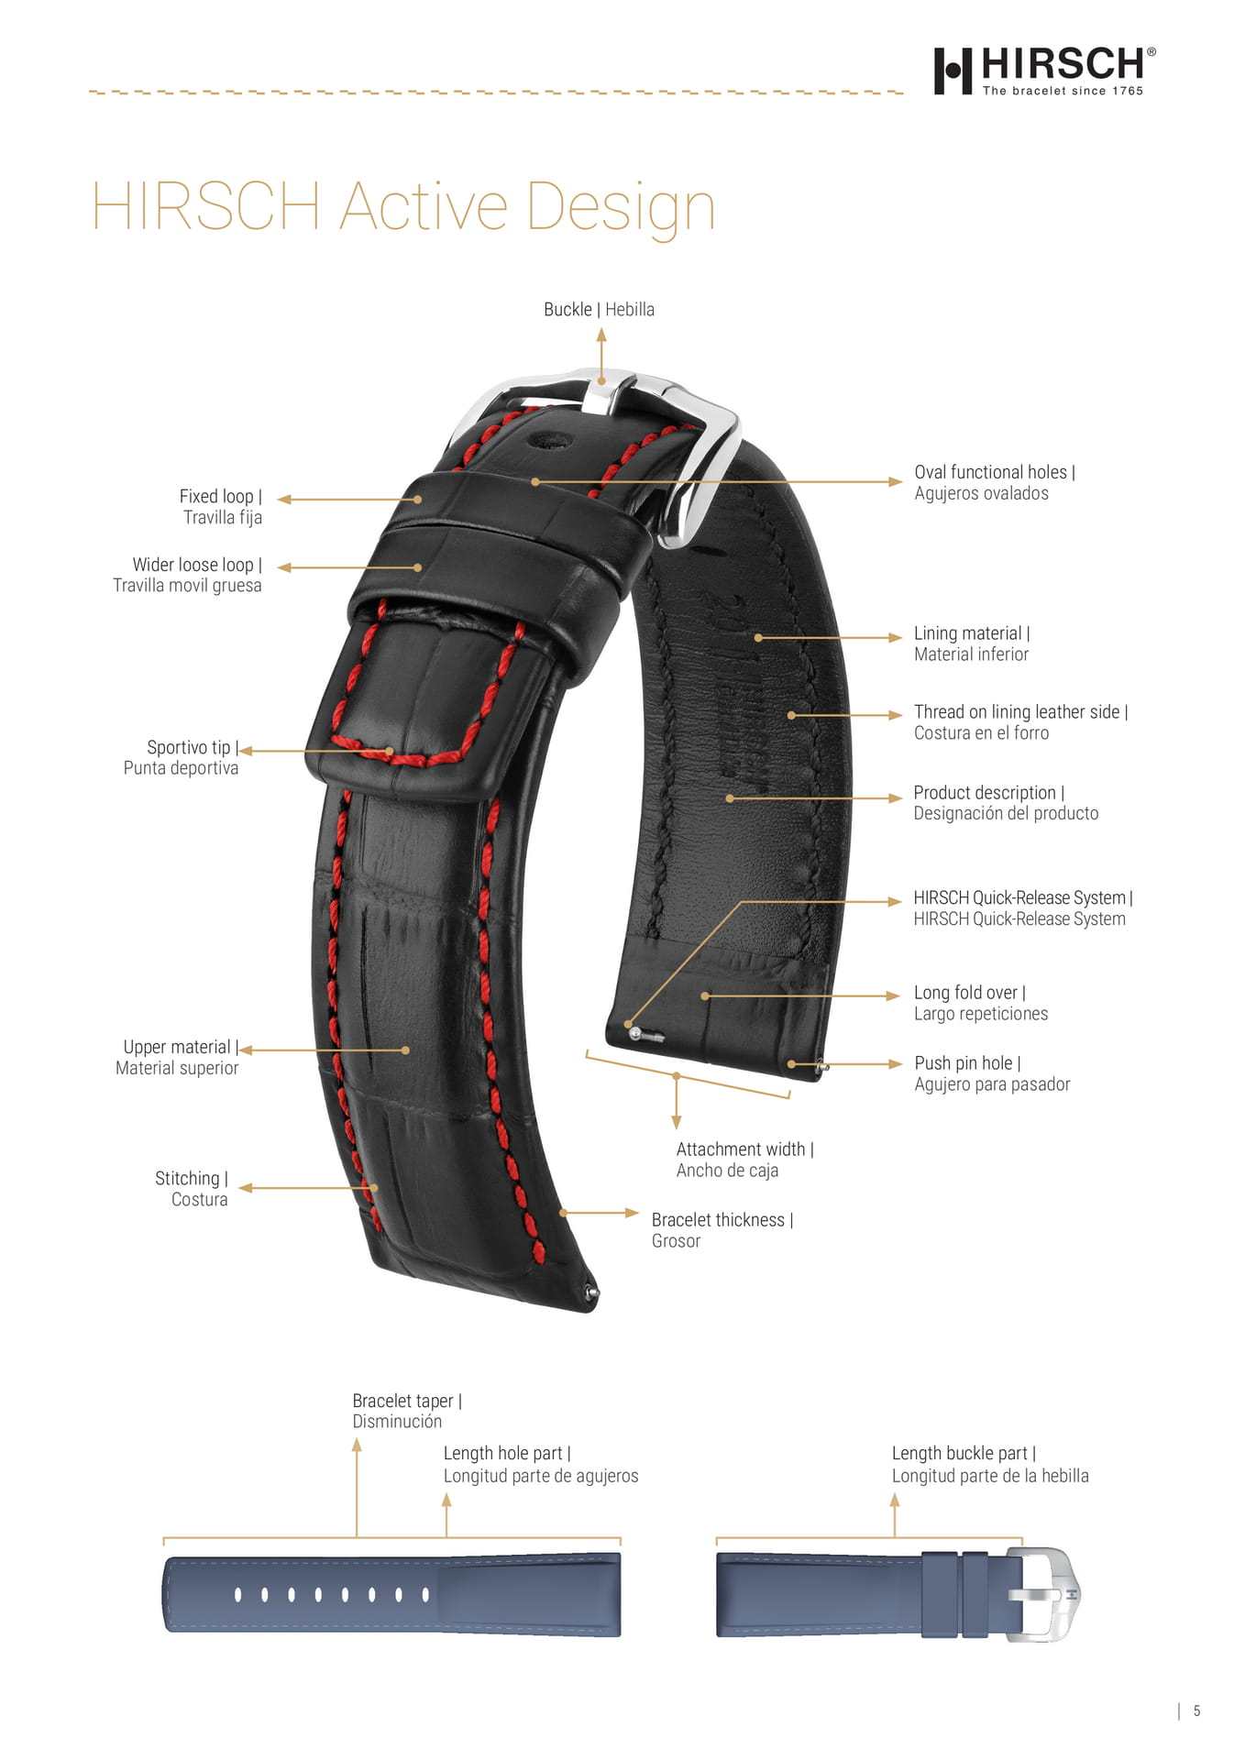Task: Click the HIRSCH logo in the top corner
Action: (x=1044, y=71)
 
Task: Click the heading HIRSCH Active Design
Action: (x=403, y=206)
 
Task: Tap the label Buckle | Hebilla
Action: (x=599, y=310)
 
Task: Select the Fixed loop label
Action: (x=221, y=507)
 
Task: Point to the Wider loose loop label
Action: (x=187, y=575)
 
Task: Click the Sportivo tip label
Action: (x=182, y=758)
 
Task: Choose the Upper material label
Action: (x=177, y=1057)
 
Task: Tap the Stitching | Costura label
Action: (x=192, y=1189)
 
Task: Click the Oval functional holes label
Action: (x=995, y=482)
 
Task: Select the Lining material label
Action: (x=972, y=643)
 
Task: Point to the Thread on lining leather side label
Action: (x=1020, y=722)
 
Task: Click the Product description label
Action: (x=1006, y=803)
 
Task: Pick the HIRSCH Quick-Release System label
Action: (x=1023, y=908)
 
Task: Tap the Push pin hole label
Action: (x=992, y=1073)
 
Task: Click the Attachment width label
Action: (x=744, y=1160)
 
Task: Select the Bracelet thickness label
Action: (x=722, y=1230)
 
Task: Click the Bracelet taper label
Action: (x=407, y=1411)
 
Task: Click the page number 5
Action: (x=1196, y=1711)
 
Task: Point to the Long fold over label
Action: (x=981, y=1003)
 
